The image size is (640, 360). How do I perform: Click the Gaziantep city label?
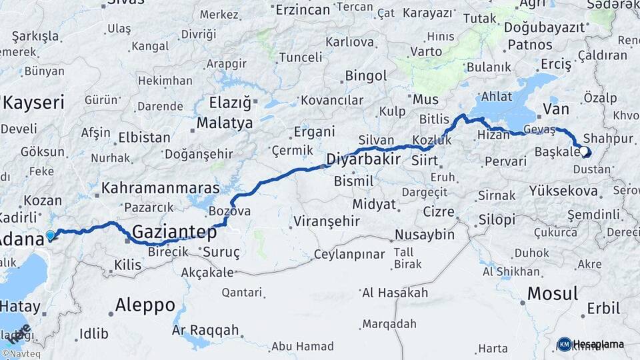coord(175,233)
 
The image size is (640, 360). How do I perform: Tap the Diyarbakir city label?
coord(363,159)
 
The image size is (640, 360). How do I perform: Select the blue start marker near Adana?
coord(50,235)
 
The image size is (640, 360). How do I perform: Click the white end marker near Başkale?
coord(584,151)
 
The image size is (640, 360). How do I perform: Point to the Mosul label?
coord(553,293)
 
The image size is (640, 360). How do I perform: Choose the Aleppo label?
coord(145,305)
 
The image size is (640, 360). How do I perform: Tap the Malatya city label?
coord(225,123)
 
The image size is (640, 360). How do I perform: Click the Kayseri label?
coord(33,102)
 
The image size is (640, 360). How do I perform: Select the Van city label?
coord(555,108)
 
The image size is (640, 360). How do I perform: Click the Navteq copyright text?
coord(20,354)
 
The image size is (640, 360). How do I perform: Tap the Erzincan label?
coord(303,9)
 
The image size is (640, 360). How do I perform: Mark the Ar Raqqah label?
coord(205,330)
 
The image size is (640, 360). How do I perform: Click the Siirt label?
coord(425,161)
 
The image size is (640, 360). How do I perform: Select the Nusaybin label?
coord(425,235)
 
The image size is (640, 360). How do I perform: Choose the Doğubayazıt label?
coord(544,27)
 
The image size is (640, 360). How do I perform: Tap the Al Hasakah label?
coord(395,293)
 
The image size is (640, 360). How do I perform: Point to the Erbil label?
coord(603,309)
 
